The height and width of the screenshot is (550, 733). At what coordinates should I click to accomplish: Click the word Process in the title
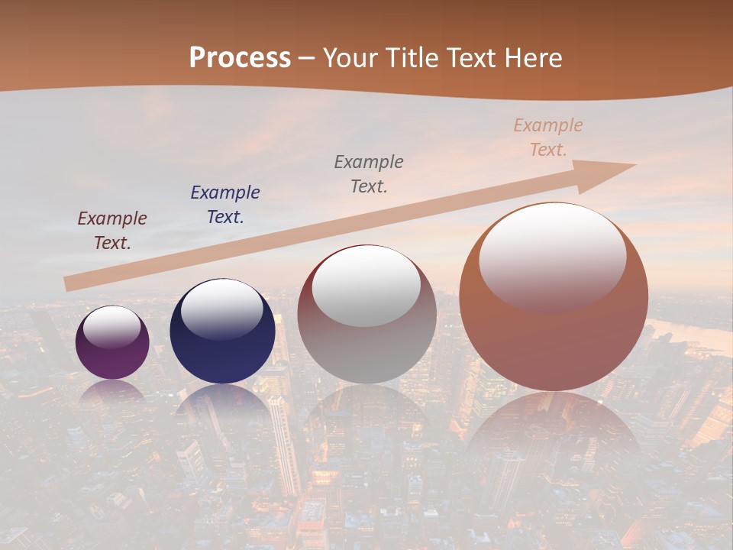tap(240, 58)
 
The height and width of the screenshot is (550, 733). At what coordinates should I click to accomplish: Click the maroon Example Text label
tap(111, 231)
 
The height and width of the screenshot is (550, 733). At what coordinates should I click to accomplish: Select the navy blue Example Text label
tap(225, 204)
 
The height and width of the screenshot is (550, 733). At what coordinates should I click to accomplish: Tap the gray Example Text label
tap(369, 173)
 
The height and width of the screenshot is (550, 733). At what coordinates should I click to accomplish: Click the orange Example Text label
tap(548, 137)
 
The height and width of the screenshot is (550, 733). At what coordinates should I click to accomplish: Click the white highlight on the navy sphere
tap(221, 309)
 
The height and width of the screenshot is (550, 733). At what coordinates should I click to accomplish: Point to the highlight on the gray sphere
tap(366, 287)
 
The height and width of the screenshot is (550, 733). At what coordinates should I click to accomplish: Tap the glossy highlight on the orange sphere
tap(553, 256)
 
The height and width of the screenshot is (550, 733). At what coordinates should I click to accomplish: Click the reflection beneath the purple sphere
tap(112, 393)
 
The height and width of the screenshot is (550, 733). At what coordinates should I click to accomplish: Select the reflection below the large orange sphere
tap(554, 428)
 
